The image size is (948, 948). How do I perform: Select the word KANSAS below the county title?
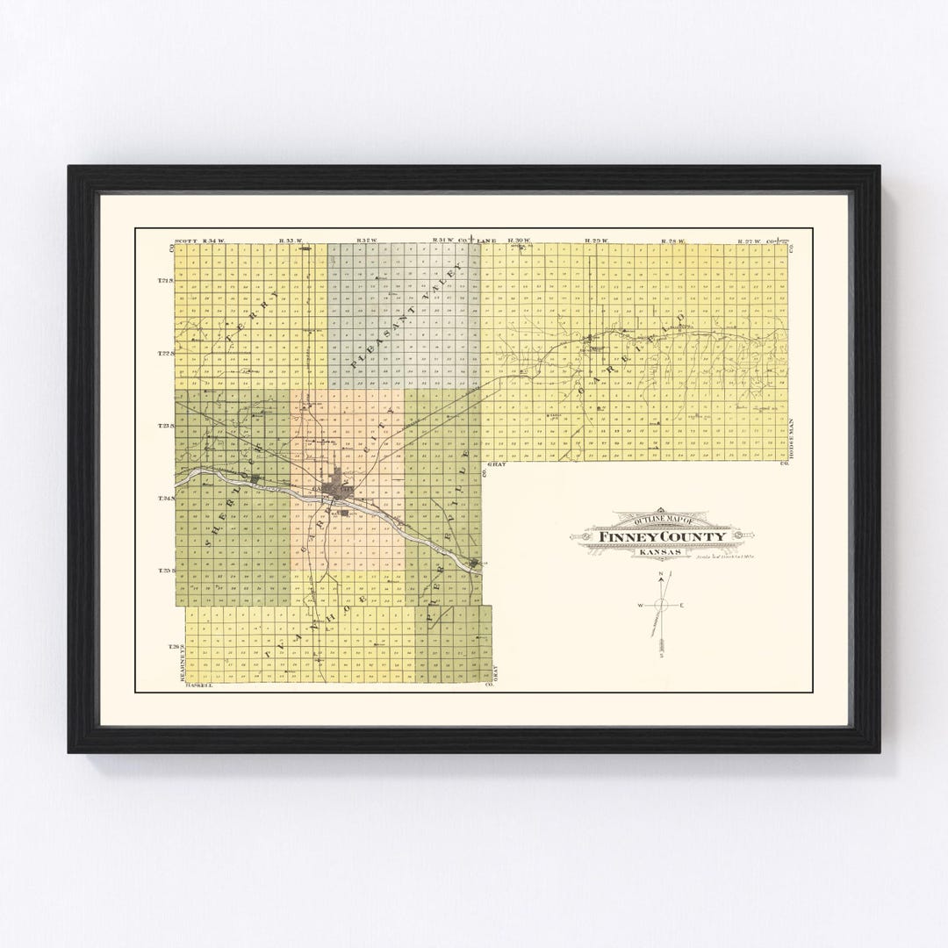tap(659, 551)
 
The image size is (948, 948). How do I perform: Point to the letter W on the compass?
tap(640, 606)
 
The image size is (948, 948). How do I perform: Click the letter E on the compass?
tap(683, 606)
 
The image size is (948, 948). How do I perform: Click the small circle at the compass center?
tap(663, 606)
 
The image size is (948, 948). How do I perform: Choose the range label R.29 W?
tap(597, 240)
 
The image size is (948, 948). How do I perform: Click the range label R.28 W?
tap(672, 240)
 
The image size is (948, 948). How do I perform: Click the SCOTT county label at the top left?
tap(183, 240)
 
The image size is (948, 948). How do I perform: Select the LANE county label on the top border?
tap(488, 240)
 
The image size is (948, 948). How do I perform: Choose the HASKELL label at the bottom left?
tap(199, 686)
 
